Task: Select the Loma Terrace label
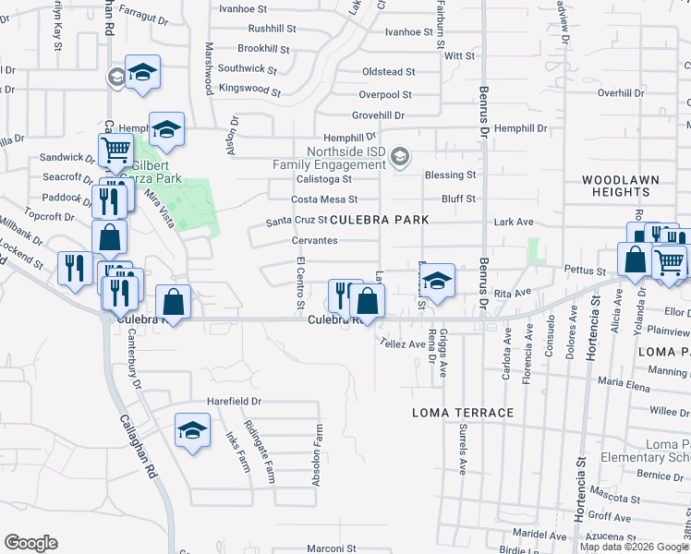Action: (462, 412)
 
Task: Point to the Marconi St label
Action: (338, 548)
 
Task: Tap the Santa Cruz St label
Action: (297, 221)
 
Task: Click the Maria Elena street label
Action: (623, 380)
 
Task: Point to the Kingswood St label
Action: (249, 90)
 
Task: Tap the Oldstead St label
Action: (388, 71)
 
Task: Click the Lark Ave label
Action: (515, 222)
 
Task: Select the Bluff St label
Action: (458, 199)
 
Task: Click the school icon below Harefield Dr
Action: (192, 430)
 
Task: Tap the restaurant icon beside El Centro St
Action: (343, 295)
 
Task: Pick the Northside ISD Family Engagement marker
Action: (399, 155)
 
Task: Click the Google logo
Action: (30, 543)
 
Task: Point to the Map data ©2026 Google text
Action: (634, 547)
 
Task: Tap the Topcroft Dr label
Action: (54, 217)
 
